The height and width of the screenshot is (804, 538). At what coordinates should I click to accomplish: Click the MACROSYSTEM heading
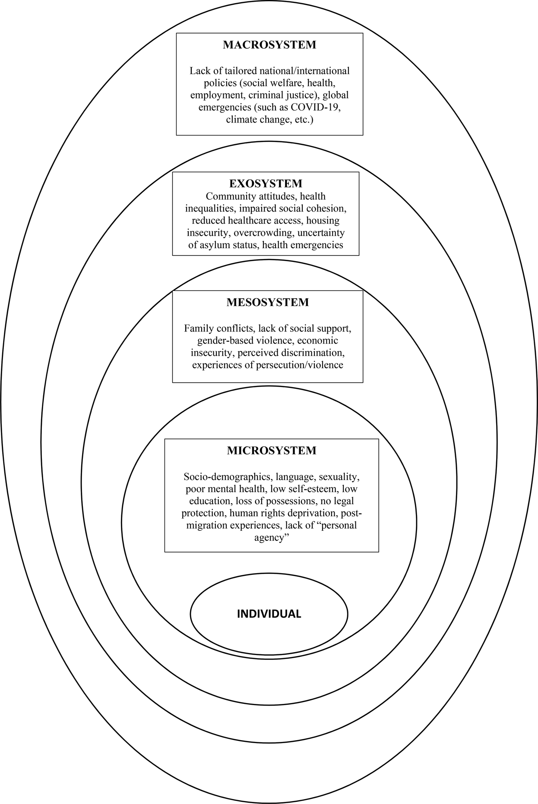pos(269,45)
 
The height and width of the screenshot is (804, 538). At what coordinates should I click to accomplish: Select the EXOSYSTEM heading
pos(266,183)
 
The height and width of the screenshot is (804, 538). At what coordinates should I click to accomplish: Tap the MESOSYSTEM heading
pos(268,302)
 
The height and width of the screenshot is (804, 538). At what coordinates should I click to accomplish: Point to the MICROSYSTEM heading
pos(272,451)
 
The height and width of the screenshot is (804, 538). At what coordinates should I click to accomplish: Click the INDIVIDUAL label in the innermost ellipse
pos(269,614)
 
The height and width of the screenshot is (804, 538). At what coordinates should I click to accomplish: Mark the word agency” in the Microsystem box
pos(271,538)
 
